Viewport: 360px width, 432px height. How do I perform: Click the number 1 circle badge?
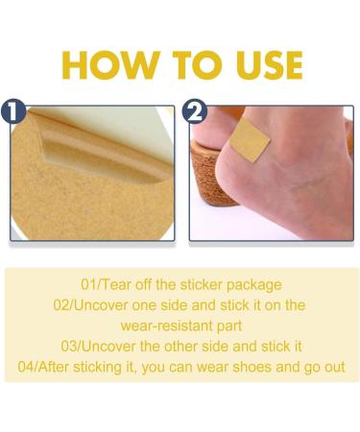point(13,111)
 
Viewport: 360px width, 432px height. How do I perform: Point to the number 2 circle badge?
point(194,111)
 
